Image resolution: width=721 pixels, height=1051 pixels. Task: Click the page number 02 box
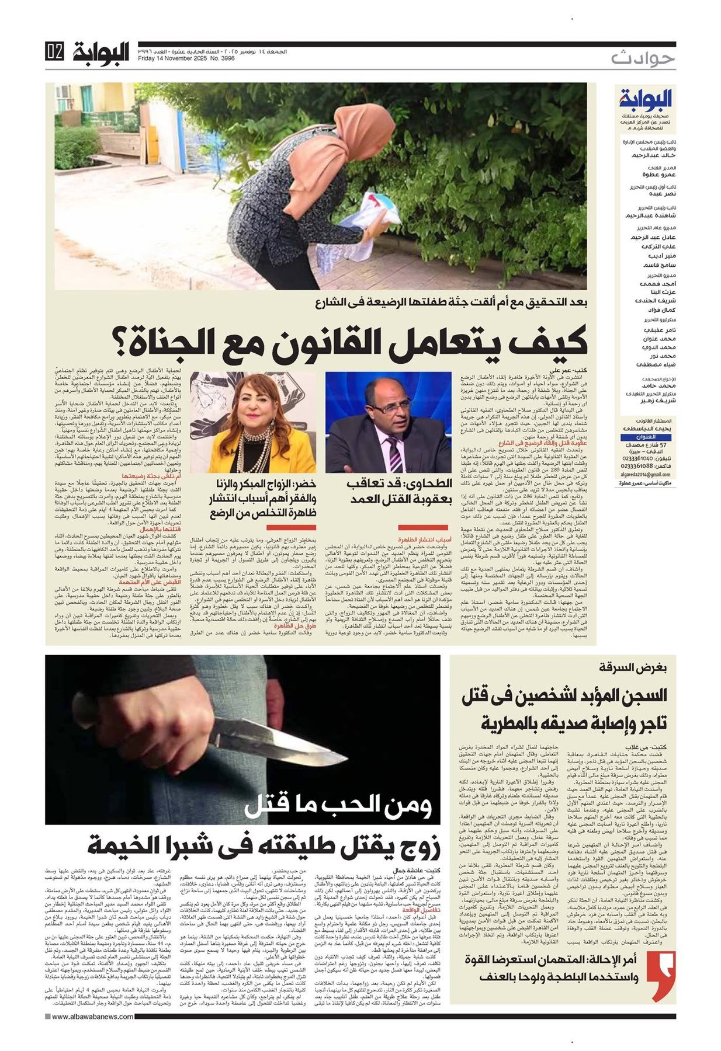54,51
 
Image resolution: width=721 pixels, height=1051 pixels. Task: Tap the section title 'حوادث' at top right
643,58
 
